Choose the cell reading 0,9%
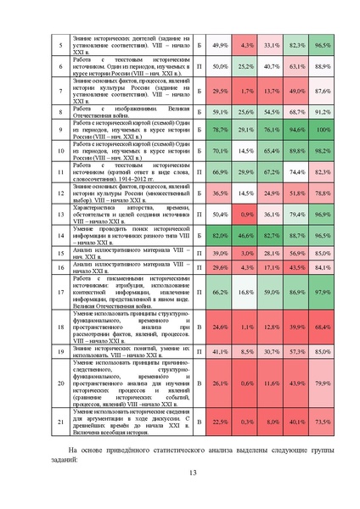tap(247, 215)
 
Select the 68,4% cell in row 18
tap(322, 326)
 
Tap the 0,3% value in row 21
tap(247, 422)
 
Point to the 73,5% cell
tap(322, 422)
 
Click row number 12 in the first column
tap(60, 193)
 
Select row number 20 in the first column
tap(60, 383)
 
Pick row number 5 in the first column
tap(60, 44)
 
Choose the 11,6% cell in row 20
tap(272, 383)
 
